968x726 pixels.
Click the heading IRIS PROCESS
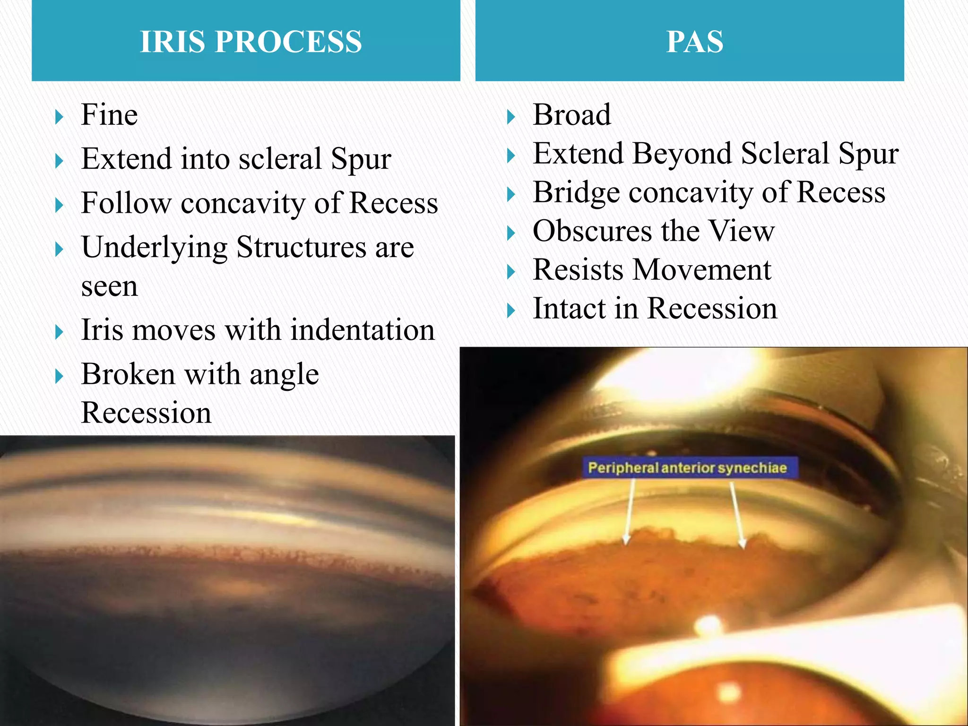coord(251,42)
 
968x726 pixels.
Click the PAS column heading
coord(694,42)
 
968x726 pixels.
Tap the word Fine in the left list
coord(109,115)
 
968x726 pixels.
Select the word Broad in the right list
coord(571,115)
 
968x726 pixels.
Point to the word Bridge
coord(576,193)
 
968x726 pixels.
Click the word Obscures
coord(592,231)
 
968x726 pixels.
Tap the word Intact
coord(569,309)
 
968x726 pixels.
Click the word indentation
coord(362,330)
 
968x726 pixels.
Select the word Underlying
coord(154,248)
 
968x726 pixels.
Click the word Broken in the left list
coord(128,374)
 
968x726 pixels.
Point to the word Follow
coord(126,203)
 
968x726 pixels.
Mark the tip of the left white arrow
coord(626,543)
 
